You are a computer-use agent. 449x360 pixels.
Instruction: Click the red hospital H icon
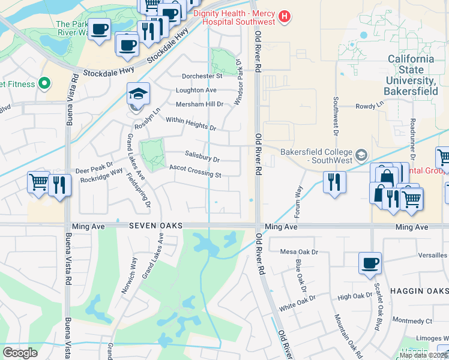285,17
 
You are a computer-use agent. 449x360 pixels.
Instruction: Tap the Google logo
20,353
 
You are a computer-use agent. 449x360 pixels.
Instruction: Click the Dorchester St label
202,76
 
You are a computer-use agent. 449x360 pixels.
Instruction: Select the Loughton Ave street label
196,90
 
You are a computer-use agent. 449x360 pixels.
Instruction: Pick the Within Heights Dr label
190,124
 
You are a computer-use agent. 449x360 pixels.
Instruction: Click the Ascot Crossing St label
196,171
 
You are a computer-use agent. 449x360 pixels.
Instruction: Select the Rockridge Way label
101,179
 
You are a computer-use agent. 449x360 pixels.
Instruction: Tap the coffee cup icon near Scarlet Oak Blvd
369,263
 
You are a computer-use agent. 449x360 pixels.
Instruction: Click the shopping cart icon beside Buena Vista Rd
38,181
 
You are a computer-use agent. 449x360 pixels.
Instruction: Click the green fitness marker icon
43,83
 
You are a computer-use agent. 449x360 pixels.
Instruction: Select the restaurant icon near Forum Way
335,181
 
